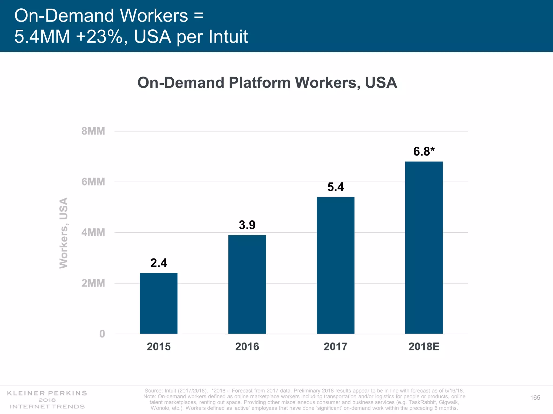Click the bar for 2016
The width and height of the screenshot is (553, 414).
[x=247, y=284]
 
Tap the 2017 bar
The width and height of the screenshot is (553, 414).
[x=335, y=265]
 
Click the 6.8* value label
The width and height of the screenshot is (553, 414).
[x=424, y=151]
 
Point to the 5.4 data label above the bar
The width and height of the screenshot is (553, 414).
[x=336, y=187]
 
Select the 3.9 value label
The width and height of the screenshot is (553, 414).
[x=247, y=225]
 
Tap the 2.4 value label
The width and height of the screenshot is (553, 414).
[x=159, y=263]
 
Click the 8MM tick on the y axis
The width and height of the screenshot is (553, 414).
[x=93, y=131]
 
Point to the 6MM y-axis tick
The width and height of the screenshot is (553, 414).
[x=93, y=182]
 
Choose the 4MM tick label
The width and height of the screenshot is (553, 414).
[x=93, y=233]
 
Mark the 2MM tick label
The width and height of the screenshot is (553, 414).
[x=93, y=283]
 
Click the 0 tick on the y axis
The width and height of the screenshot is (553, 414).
[x=102, y=334]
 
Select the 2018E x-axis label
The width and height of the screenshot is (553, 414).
[x=424, y=347]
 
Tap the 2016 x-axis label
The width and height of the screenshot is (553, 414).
[x=247, y=347]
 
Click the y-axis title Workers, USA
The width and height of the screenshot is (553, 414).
[x=64, y=233]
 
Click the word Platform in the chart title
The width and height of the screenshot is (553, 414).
[x=260, y=83]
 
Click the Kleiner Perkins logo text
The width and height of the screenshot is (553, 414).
[x=47, y=393]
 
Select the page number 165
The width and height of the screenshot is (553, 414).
[x=535, y=398]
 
